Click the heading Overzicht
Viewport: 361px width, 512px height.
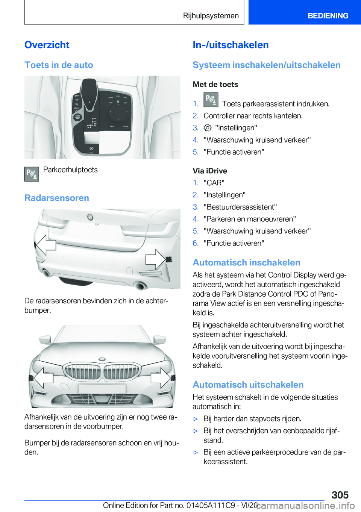pyautogui.click(x=47, y=45)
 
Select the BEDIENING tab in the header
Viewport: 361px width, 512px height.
pyautogui.click(x=328, y=16)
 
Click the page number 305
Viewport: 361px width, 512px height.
pyautogui.click(x=340, y=495)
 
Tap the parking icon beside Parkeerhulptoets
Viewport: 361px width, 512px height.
pyautogui.click(x=32, y=174)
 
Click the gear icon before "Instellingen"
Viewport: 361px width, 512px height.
pyautogui.click(x=208, y=128)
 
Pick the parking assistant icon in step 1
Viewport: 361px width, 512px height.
pyautogui.click(x=211, y=100)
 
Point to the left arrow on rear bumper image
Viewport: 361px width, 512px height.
pyautogui.click(x=46, y=245)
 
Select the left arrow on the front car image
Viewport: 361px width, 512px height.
pyautogui.click(x=42, y=377)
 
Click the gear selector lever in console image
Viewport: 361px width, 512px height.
pyautogui.click(x=89, y=94)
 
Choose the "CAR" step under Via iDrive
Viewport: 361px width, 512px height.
pyautogui.click(x=214, y=183)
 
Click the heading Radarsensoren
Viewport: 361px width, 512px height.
pyautogui.click(x=57, y=198)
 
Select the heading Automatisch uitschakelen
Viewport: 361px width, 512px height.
pyautogui.click(x=248, y=385)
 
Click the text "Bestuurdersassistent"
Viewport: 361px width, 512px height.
pyautogui.click(x=240, y=207)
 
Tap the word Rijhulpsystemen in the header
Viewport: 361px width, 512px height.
pyautogui.click(x=211, y=16)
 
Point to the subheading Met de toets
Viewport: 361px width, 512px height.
pyautogui.click(x=215, y=84)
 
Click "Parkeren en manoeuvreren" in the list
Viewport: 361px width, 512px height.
pyautogui.click(x=249, y=219)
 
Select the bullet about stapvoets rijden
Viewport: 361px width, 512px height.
pyautogui.click(x=252, y=418)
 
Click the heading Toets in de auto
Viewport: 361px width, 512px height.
pyautogui.click(x=59, y=65)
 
